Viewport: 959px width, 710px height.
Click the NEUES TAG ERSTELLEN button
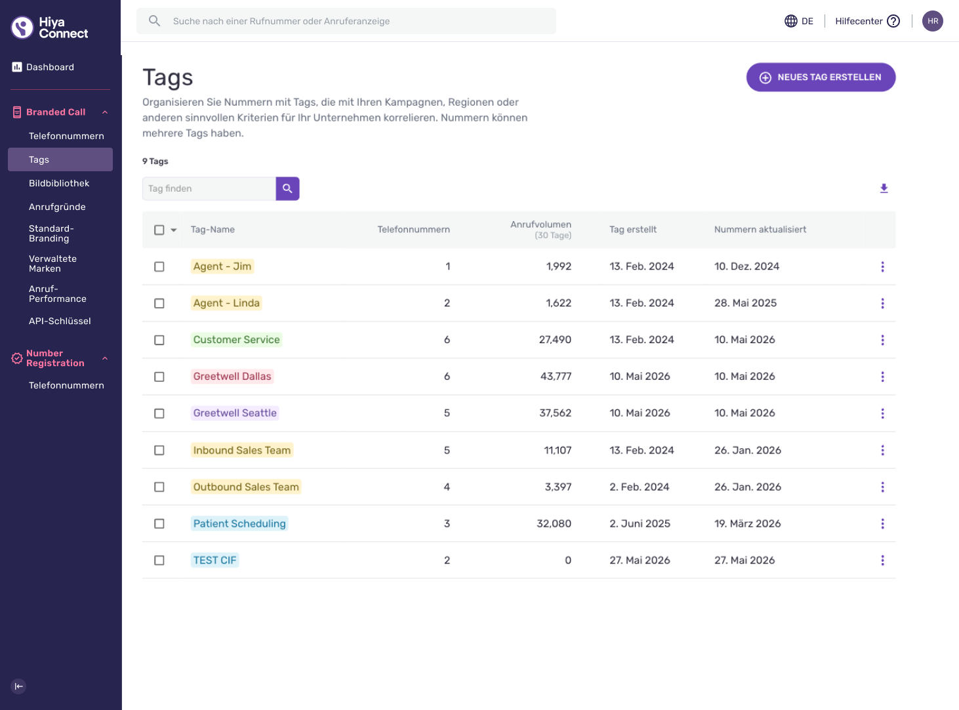[821, 77]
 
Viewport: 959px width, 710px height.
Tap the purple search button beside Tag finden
[287, 188]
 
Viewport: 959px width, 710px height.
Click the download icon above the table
[884, 188]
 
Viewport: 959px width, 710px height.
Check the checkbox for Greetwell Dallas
[159, 377]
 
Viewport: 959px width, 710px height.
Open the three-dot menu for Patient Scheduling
[882, 524]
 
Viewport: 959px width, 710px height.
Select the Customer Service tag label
[236, 340]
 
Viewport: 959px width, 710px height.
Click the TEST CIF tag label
[214, 560]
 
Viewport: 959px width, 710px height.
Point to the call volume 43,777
[556, 377]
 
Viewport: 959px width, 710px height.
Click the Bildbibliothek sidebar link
[59, 183]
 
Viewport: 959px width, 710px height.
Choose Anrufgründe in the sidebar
[57, 207]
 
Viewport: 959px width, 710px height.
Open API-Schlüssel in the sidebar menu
[60, 321]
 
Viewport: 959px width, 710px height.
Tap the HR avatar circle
[932, 21]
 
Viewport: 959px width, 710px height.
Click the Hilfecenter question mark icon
[893, 21]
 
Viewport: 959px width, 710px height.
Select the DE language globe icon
[790, 21]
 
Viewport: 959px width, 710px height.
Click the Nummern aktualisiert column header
[760, 229]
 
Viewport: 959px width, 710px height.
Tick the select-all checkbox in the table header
[159, 230]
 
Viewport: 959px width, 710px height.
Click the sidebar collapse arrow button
[18, 686]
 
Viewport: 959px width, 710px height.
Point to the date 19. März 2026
[747, 524]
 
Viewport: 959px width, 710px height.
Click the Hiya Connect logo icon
[22, 28]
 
